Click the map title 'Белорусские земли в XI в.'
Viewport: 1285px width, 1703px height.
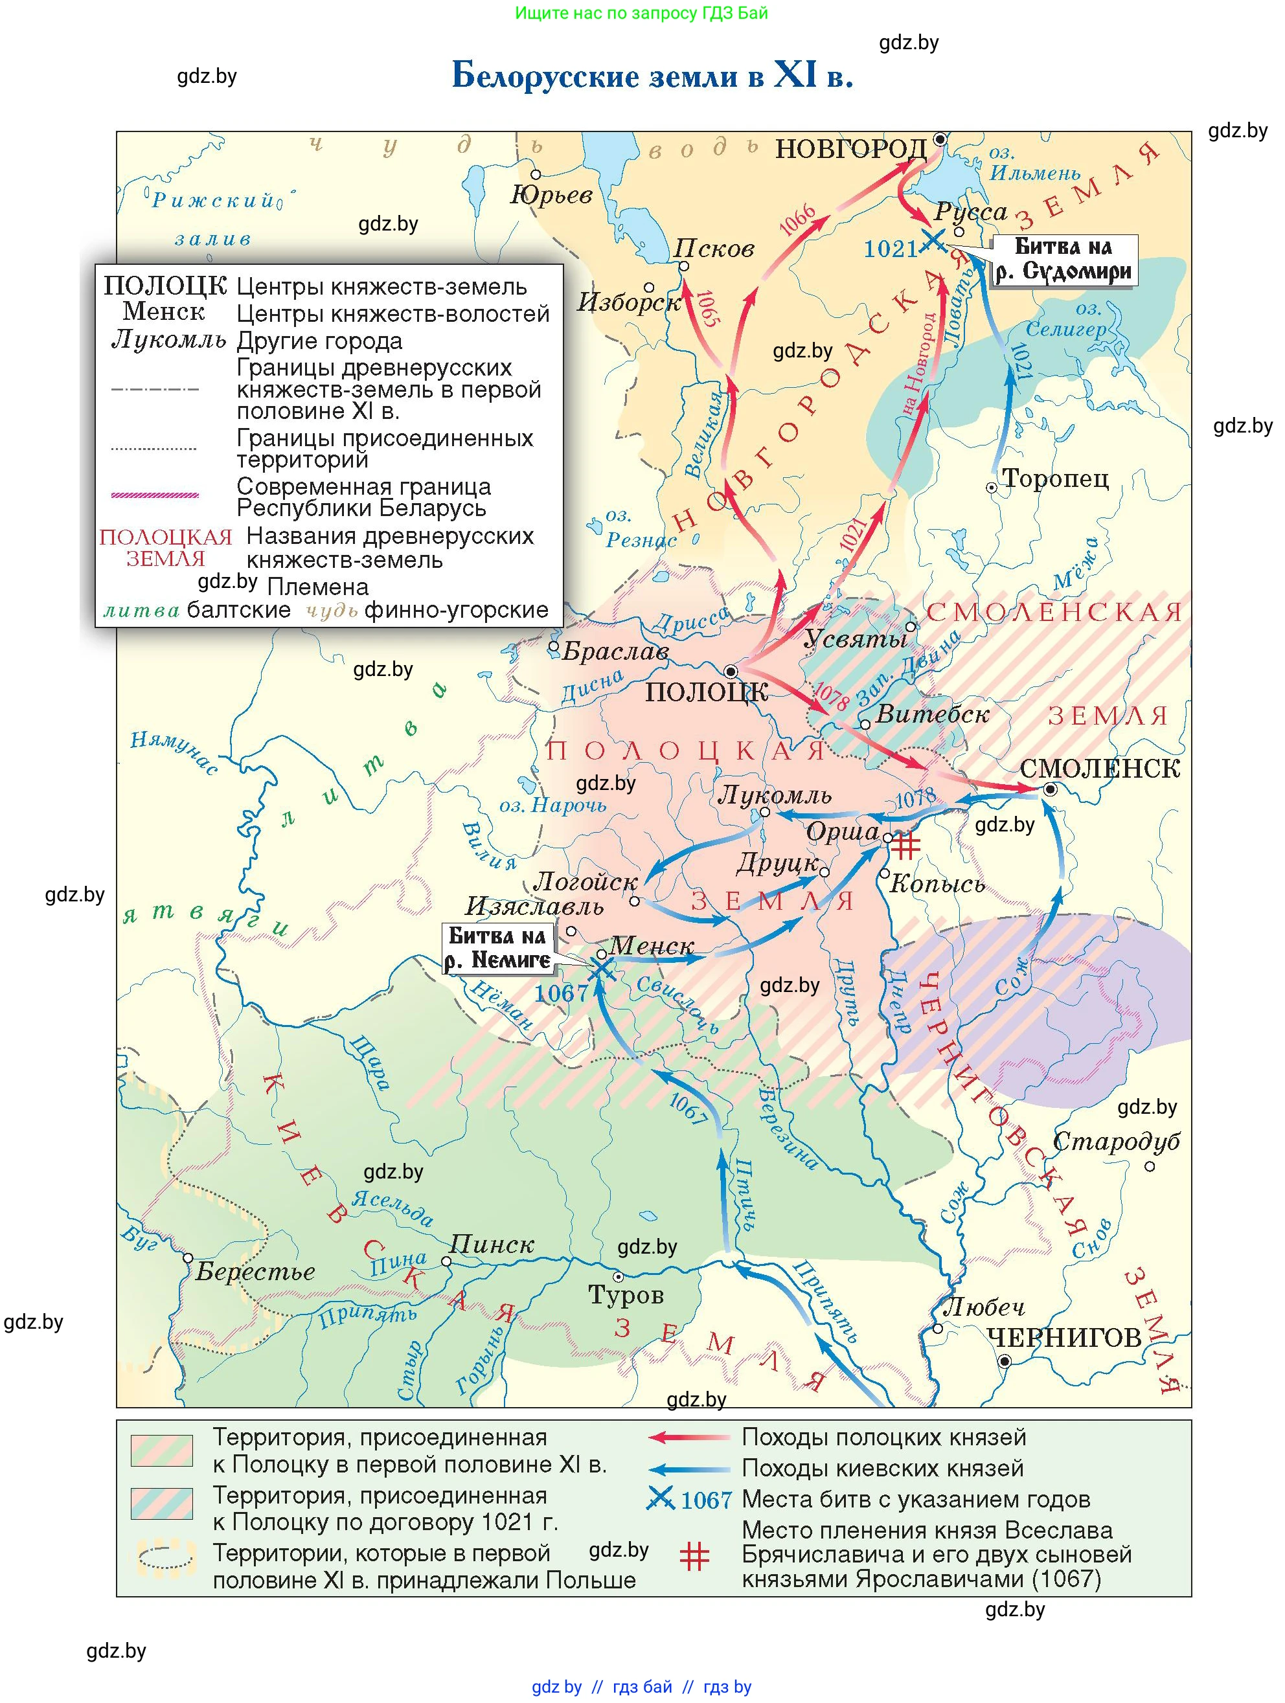pos(652,76)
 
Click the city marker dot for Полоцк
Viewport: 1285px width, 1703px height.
pos(731,671)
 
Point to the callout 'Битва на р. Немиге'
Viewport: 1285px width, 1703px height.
pos(498,948)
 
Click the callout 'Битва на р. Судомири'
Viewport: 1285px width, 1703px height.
pos(1063,260)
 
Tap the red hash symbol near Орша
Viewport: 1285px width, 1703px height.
pos(905,845)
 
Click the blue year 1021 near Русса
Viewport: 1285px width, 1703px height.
pos(891,249)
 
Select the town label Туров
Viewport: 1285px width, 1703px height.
pos(625,1295)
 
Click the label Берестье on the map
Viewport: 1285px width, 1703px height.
pos(255,1271)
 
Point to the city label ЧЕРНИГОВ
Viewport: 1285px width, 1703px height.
pos(1063,1338)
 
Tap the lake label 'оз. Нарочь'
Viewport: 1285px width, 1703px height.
pos(553,806)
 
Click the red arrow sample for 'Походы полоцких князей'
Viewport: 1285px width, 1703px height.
pos(689,1437)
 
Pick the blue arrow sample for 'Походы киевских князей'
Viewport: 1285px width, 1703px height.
pos(689,1468)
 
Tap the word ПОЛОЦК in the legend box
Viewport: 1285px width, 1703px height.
pos(165,286)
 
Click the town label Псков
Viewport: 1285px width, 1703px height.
pos(714,248)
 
